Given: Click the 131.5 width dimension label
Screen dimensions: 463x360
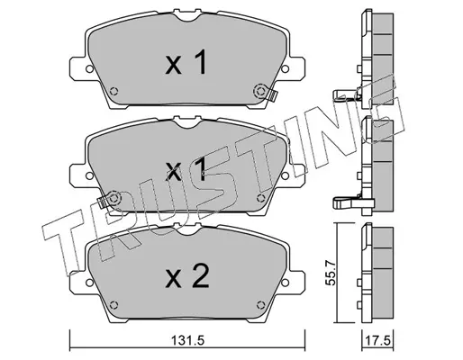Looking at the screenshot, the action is coord(187,340).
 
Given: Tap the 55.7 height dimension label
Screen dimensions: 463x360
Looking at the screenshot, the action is coord(331,273).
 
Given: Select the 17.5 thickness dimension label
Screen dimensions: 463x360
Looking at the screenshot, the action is coord(378,340).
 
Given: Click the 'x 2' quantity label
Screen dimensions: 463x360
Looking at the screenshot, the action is coord(187,276).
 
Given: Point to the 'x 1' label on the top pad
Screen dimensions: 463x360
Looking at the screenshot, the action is coord(186,62).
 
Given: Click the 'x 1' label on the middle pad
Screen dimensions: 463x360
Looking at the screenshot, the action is coord(186,169).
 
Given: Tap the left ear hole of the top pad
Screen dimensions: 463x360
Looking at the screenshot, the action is coord(89,69).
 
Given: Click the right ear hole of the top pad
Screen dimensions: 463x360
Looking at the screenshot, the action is coord(285,69).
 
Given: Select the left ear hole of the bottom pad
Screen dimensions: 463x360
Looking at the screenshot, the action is coord(89,283).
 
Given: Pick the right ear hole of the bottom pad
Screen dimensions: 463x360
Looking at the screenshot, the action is coord(285,283).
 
